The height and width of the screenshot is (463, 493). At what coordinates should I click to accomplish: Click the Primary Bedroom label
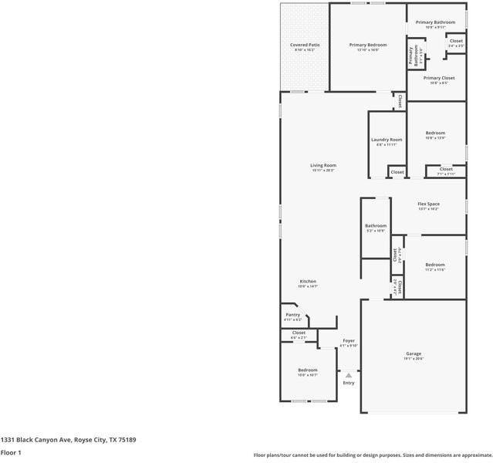click(367, 46)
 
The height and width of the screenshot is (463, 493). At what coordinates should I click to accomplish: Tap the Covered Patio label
click(305, 46)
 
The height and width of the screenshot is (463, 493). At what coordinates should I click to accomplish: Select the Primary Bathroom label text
click(435, 22)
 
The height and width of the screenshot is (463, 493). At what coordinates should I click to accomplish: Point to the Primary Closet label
click(438, 78)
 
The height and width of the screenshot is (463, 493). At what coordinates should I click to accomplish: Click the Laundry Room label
click(387, 140)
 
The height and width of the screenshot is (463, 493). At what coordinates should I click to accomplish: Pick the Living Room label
click(323, 165)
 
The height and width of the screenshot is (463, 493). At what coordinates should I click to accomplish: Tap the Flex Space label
click(428, 204)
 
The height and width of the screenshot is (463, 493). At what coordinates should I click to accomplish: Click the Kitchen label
click(308, 282)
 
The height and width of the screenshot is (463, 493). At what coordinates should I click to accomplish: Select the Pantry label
click(292, 315)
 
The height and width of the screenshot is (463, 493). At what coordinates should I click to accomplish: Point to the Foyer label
click(349, 340)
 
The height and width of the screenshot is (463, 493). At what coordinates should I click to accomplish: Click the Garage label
click(414, 354)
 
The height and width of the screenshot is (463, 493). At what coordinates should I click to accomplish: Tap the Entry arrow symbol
click(348, 375)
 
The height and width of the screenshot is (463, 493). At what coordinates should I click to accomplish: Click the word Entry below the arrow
click(349, 383)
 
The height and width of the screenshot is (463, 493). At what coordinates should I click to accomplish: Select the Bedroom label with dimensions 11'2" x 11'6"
click(434, 265)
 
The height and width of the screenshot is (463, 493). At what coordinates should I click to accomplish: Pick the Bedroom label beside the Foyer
click(308, 370)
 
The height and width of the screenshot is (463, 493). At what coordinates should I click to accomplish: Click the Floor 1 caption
click(11, 453)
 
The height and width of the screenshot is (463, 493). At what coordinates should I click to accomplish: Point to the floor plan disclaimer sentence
click(373, 455)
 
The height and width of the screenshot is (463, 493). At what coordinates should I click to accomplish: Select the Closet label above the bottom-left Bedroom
click(299, 333)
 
